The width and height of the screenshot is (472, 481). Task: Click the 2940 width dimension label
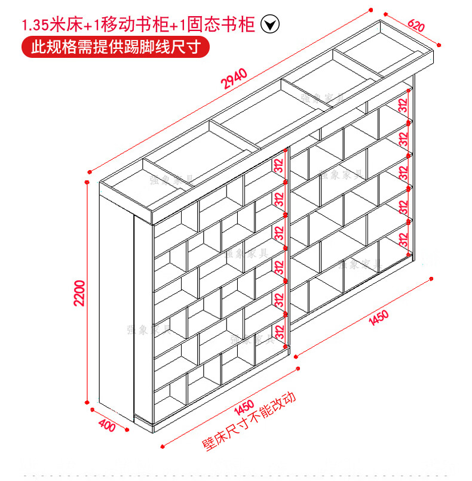[234, 78]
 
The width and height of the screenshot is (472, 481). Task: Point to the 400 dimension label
[106, 425]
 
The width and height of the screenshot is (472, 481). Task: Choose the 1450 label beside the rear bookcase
[378, 318]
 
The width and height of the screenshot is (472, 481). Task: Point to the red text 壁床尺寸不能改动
[250, 422]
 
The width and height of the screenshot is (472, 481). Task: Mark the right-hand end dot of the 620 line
[440, 44]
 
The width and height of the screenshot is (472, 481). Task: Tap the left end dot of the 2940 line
[88, 169]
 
